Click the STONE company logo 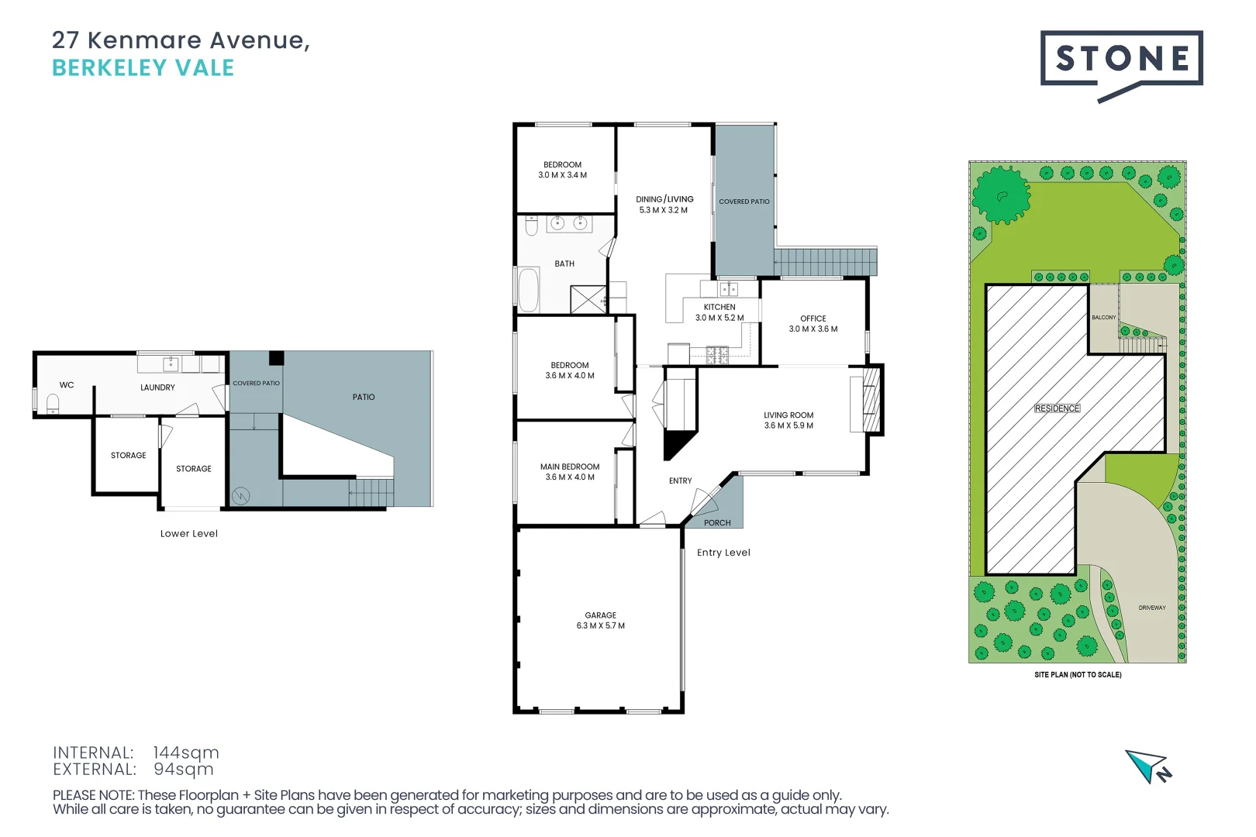point(1120,60)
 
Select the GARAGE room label point(600,615)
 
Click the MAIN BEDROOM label point(569,467)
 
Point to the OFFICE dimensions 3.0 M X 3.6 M point(813,329)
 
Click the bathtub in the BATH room point(529,289)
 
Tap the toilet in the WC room point(53,404)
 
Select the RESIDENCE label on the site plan point(1056,408)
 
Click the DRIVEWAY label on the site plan point(1151,608)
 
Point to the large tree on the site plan point(1001,195)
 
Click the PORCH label point(716,523)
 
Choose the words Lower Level point(188,534)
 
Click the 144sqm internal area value point(185,753)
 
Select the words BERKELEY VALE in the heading point(143,68)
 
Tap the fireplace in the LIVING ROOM point(871,400)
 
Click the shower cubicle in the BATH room point(588,300)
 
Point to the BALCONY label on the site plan point(1103,318)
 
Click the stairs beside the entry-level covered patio point(825,262)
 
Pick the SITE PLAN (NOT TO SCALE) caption point(1077,675)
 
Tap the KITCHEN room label point(719,307)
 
